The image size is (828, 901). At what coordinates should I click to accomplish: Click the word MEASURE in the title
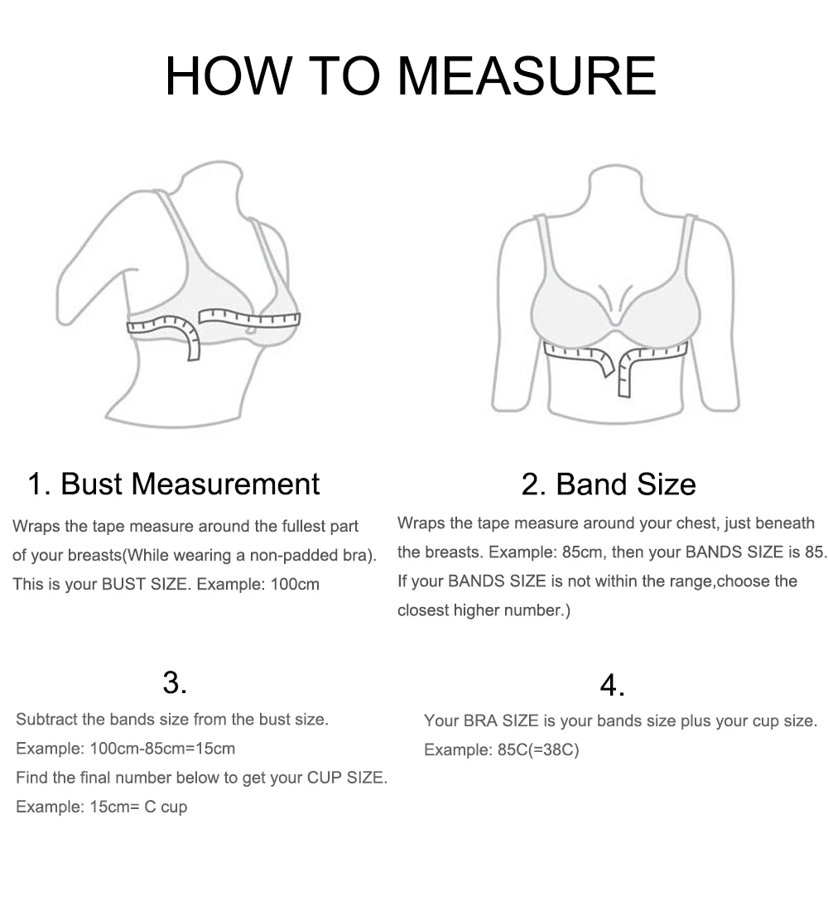pyautogui.click(x=527, y=76)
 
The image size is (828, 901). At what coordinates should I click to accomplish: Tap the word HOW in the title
pyautogui.click(x=229, y=76)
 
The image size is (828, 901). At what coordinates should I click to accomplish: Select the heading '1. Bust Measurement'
pyautogui.click(x=174, y=484)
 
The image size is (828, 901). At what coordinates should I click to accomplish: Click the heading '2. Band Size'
pyautogui.click(x=609, y=484)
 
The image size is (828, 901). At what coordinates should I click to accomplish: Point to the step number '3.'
pyautogui.click(x=175, y=682)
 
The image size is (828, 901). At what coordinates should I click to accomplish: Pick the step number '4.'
pyautogui.click(x=612, y=685)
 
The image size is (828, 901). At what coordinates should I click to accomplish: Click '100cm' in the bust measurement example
pyautogui.click(x=295, y=585)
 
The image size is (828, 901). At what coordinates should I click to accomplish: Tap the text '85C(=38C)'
pyautogui.click(x=538, y=750)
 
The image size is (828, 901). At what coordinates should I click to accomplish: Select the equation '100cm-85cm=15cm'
pyautogui.click(x=162, y=749)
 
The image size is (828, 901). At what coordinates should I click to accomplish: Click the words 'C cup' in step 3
pyautogui.click(x=166, y=807)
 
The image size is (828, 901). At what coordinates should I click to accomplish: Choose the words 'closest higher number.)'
pyautogui.click(x=484, y=610)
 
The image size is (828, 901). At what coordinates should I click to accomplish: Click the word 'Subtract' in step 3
pyautogui.click(x=47, y=720)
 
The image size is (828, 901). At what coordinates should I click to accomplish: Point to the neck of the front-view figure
pyautogui.click(x=616, y=190)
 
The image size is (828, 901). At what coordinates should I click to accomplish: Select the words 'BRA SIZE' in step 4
pyautogui.click(x=501, y=721)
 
